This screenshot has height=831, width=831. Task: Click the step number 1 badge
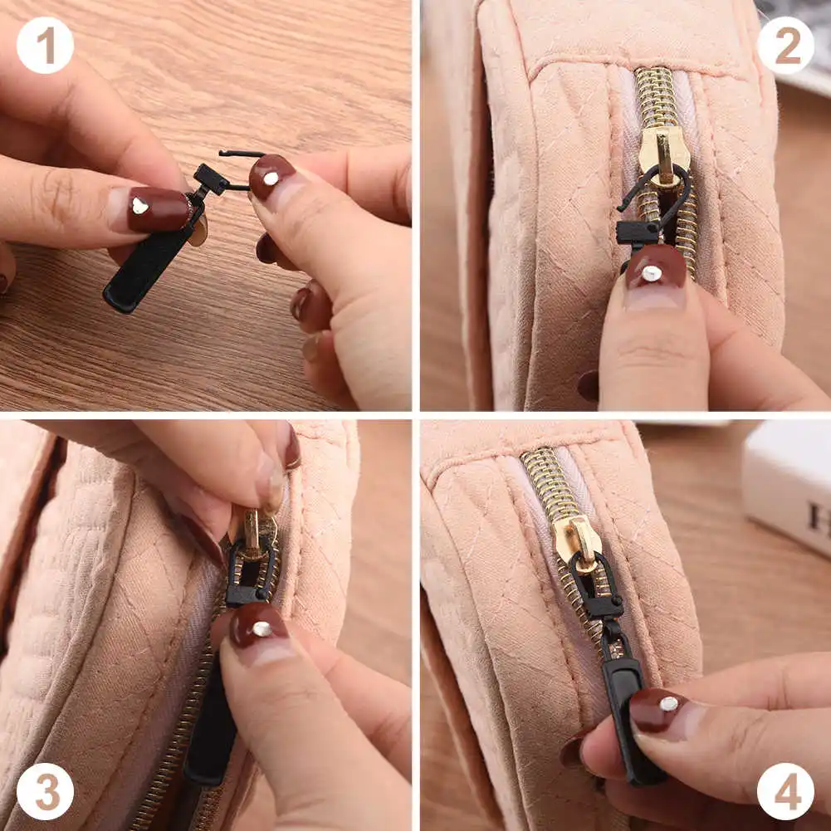click(x=45, y=46)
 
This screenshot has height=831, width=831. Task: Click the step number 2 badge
click(x=785, y=46)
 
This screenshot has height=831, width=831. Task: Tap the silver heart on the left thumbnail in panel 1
click(x=139, y=206)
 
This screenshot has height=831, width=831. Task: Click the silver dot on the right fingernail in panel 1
click(x=271, y=178)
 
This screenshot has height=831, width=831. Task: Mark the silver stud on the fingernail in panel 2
click(x=651, y=273)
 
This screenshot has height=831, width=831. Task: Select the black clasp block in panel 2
click(x=636, y=232)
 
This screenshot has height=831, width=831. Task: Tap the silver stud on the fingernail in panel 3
click(x=262, y=628)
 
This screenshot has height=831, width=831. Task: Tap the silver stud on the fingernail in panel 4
click(x=668, y=703)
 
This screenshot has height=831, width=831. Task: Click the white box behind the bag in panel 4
click(x=786, y=487)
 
